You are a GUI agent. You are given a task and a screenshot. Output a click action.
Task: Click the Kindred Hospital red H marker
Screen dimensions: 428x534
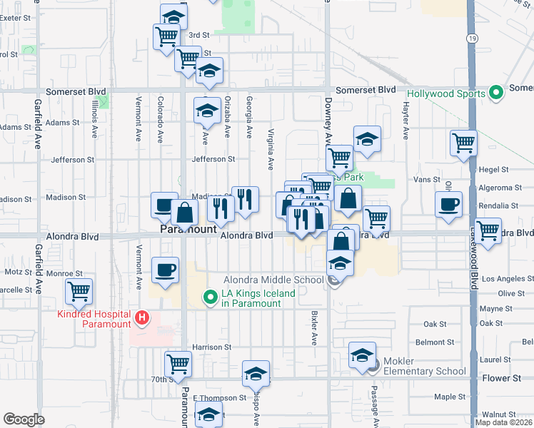click(x=141, y=317)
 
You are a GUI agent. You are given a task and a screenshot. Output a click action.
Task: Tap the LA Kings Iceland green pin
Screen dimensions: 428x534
click(x=211, y=297)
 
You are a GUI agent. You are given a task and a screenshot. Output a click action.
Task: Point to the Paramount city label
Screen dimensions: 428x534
click(x=188, y=230)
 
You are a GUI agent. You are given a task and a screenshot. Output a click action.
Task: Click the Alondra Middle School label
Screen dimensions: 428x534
click(x=273, y=280)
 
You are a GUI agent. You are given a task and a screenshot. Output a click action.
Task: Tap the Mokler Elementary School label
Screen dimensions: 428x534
click(x=425, y=366)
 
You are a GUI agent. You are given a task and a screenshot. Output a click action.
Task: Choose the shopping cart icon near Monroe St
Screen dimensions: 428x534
click(x=79, y=291)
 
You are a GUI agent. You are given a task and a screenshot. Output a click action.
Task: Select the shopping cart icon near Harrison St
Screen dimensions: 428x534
click(x=178, y=364)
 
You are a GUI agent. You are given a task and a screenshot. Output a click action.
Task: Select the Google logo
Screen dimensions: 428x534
click(x=24, y=419)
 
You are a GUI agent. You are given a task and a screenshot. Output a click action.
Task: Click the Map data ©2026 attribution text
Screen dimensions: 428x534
click(x=503, y=422)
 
